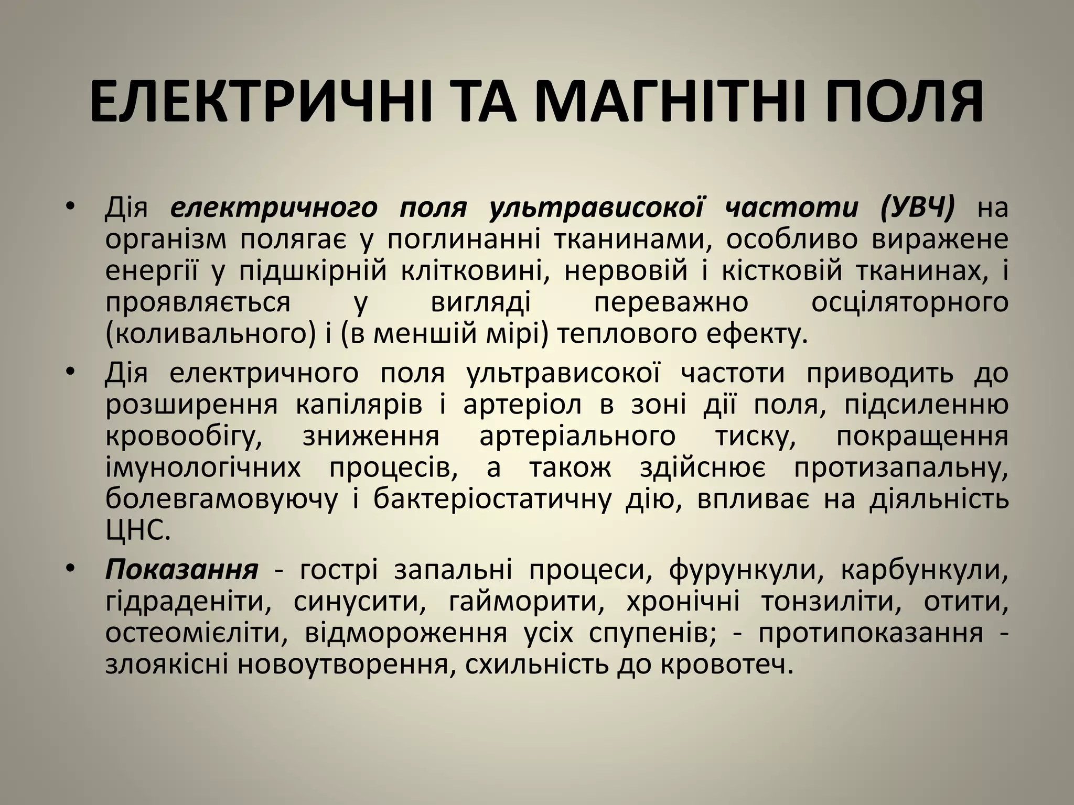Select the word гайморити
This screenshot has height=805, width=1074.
pos(523,602)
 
